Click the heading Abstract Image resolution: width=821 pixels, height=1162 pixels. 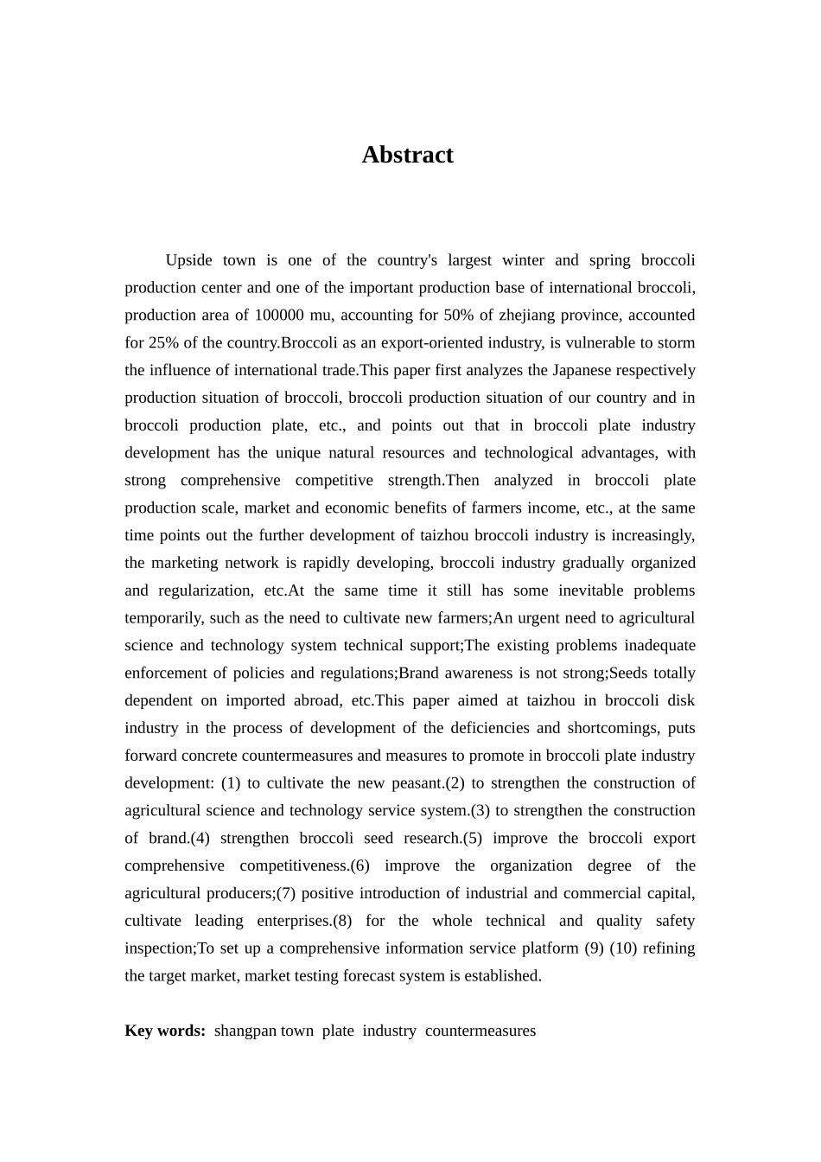(x=407, y=155)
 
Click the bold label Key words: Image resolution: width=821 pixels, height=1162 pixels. (x=165, y=1031)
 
